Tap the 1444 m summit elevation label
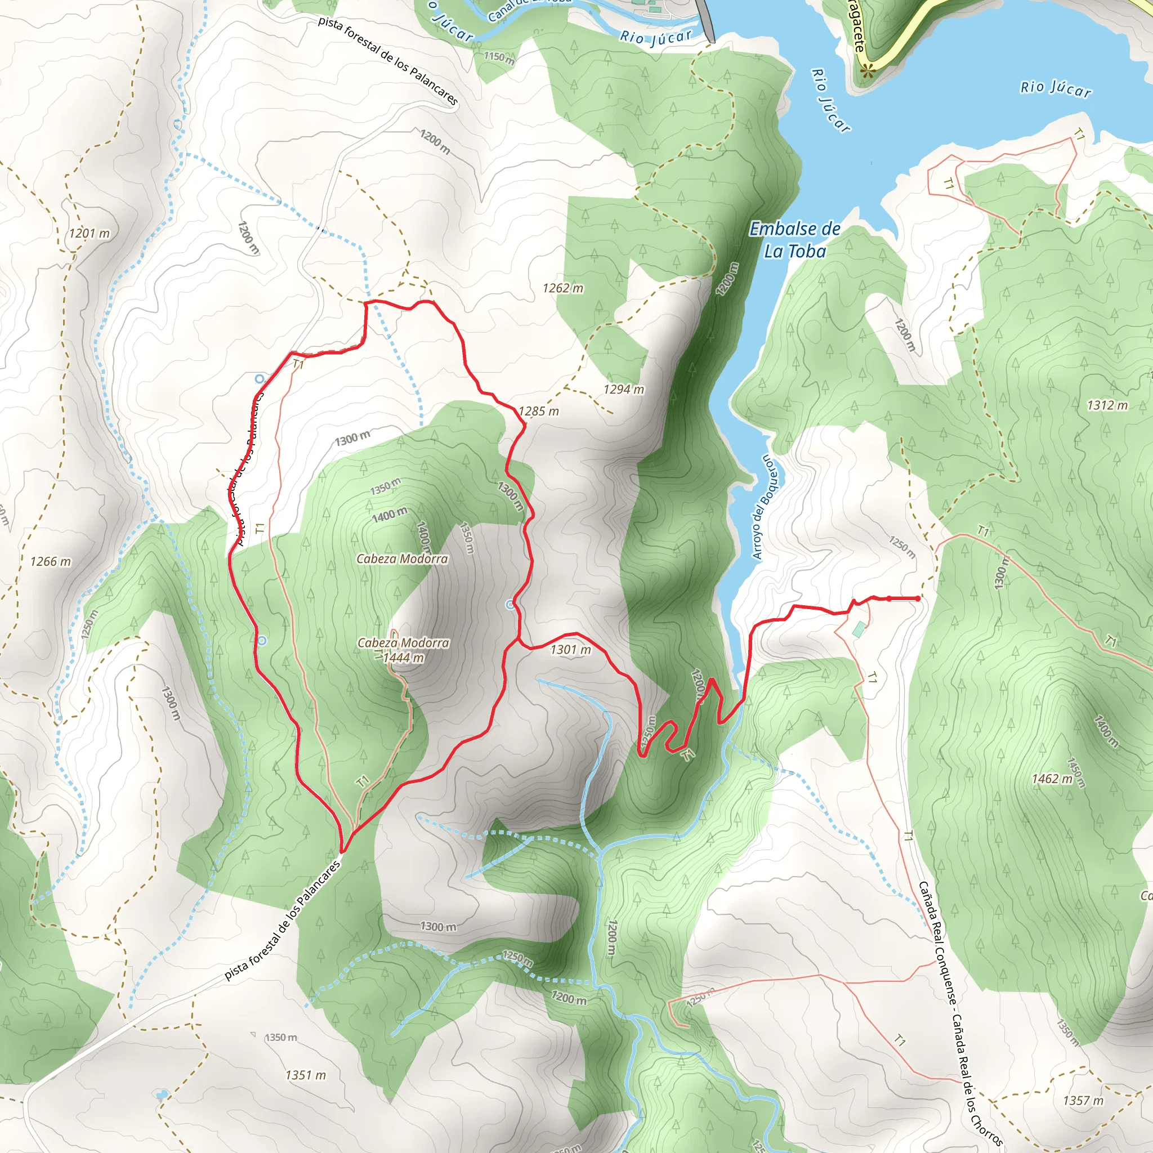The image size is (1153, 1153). point(404,658)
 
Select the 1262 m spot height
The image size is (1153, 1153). point(562,288)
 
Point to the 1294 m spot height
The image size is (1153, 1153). point(624,390)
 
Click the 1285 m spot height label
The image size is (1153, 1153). point(538,411)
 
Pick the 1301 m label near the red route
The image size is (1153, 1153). point(570,650)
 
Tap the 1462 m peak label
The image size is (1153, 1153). point(1052,779)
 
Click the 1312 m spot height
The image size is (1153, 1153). point(1107,405)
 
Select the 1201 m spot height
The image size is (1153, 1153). point(90,233)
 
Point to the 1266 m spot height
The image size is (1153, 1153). point(50,561)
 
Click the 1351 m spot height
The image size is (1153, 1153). point(306,1075)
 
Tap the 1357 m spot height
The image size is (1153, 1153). point(1083,1101)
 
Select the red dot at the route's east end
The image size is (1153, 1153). point(917,598)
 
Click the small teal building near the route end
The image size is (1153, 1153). point(859,629)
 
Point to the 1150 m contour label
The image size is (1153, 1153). point(498,58)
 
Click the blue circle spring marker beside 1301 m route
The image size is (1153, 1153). point(510,605)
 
